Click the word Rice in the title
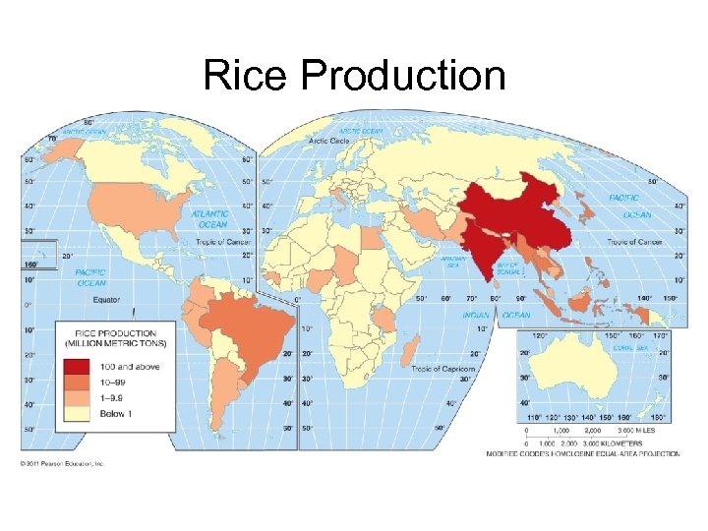click(x=247, y=76)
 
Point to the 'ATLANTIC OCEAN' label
click(x=209, y=218)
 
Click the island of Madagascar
click(x=410, y=351)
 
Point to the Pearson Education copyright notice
click(x=63, y=463)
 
